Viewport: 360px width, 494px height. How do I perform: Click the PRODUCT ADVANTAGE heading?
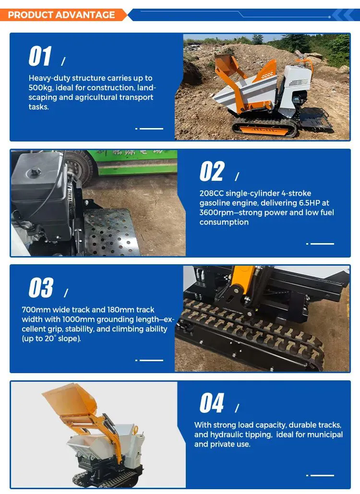pos(61,15)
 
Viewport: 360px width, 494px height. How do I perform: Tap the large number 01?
pos(40,56)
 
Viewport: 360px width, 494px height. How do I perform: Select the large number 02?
pos(212,171)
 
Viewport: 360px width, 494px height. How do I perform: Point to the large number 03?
pos(41,287)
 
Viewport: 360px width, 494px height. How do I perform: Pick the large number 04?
pos(212,403)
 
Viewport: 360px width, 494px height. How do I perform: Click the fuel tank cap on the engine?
pos(34,172)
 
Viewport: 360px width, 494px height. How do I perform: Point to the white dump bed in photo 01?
pos(246,91)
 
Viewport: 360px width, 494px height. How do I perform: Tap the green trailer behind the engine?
pos(135,162)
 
